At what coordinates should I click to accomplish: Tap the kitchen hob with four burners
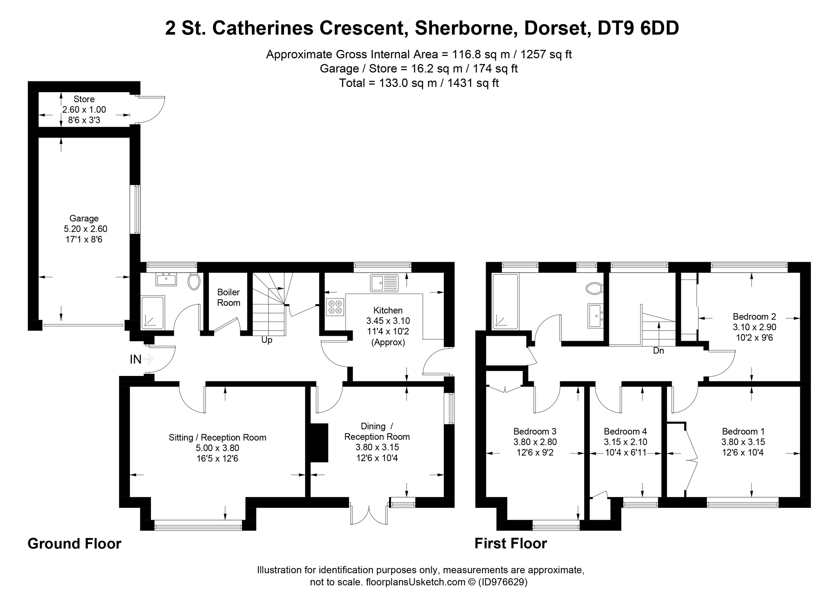(x=335, y=307)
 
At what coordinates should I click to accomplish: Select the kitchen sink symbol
(x=384, y=283)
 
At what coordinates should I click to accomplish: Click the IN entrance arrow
(x=148, y=359)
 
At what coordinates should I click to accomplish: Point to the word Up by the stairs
(x=266, y=340)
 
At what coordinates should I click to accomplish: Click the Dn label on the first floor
(x=659, y=351)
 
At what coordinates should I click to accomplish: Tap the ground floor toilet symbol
(x=194, y=281)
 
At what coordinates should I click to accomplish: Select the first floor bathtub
(x=505, y=301)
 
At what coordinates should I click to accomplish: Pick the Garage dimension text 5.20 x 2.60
(x=85, y=229)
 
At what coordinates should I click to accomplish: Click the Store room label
(x=84, y=99)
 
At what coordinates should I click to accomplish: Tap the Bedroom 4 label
(x=625, y=431)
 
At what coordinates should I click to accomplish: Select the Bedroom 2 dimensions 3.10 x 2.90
(x=754, y=327)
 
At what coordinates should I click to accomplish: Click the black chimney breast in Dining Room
(x=318, y=442)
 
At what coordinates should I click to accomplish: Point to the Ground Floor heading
(x=74, y=544)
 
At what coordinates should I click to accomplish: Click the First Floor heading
(x=510, y=544)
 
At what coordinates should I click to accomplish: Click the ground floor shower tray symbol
(x=152, y=312)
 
